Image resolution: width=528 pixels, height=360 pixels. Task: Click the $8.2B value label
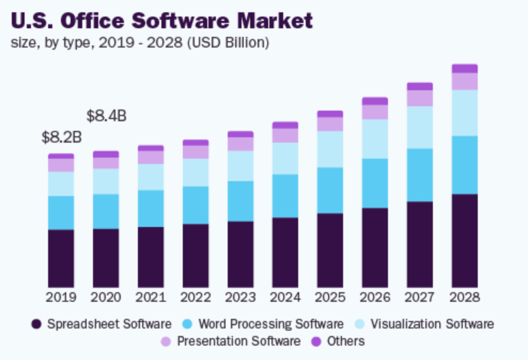61,137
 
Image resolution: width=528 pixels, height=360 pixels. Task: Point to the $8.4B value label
106,115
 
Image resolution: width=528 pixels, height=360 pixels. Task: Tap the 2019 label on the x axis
61,297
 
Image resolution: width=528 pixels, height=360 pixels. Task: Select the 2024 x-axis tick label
285,297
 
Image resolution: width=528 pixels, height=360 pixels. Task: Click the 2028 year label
464,297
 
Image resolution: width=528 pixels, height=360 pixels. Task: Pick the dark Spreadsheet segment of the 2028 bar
464,240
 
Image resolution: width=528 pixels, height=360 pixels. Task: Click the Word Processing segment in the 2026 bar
375,183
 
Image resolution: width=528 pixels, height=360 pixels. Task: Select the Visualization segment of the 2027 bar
420,127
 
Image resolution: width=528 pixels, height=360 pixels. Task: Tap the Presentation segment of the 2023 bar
240,144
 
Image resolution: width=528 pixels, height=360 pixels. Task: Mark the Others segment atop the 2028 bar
464,68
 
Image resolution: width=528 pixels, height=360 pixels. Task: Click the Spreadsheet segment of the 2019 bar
61,259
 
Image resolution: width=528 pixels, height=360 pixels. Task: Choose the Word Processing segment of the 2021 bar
151,208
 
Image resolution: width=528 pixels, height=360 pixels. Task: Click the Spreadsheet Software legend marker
36,324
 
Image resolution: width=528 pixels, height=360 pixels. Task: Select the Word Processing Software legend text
270,324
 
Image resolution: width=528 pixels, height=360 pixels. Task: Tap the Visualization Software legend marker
360,324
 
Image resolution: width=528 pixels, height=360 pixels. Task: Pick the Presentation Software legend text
238,341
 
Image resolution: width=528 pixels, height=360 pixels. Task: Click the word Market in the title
275,21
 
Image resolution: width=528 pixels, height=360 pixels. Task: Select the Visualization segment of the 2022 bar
196,172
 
